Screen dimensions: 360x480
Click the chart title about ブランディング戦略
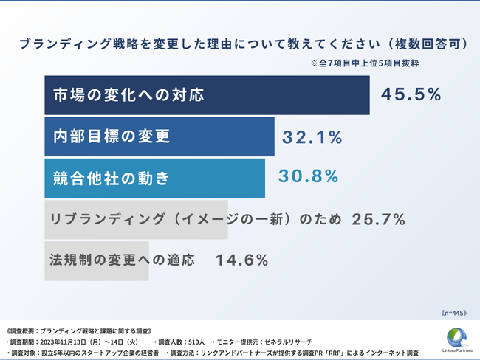[240, 44]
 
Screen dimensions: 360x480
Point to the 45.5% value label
[411, 94]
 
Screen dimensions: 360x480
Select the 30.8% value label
[308, 177]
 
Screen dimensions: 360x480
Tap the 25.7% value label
[378, 219]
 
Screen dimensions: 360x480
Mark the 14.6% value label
[241, 260]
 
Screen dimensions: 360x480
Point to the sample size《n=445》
[453, 313]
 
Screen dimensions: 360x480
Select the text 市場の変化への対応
[127, 95]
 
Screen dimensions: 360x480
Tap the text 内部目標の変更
[111, 136]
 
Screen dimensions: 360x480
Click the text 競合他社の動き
[111, 178]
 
